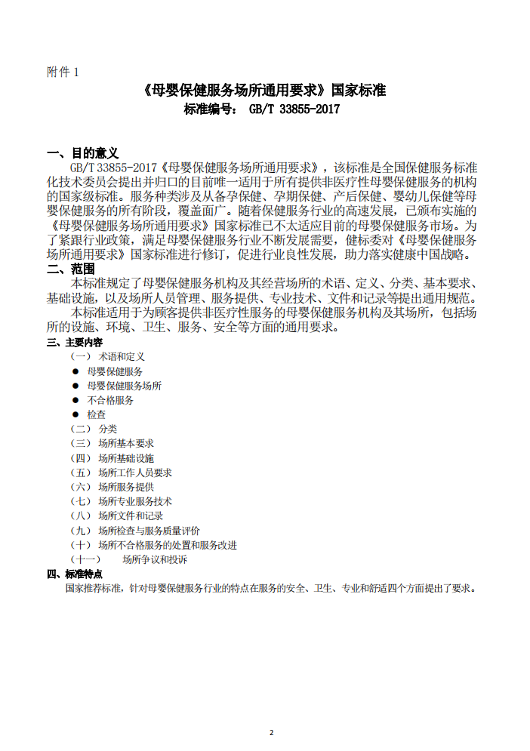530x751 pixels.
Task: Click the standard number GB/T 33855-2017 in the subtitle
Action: click(294, 109)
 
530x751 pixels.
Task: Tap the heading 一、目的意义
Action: click(82, 153)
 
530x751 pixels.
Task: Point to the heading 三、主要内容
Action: click(75, 343)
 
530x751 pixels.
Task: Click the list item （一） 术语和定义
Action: click(107, 356)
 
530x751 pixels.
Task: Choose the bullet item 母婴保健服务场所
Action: click(124, 386)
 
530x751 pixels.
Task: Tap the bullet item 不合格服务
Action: click(110, 400)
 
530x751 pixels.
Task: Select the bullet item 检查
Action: click(96, 414)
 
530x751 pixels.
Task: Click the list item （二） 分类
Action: click(94, 429)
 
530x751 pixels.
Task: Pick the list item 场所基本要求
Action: click(125, 443)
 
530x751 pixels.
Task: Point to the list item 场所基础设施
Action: click(125, 458)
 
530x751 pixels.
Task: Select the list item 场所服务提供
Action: click(125, 487)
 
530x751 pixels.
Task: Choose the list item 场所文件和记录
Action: click(130, 516)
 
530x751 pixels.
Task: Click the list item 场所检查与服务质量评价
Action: click(149, 531)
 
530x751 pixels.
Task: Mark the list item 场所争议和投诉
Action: click(155, 559)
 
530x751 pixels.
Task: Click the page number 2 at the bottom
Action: click(272, 732)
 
